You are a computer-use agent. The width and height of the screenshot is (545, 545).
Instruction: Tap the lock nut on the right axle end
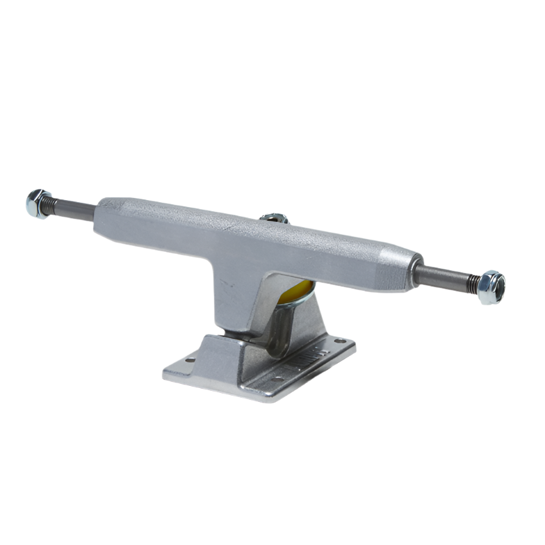(491, 286)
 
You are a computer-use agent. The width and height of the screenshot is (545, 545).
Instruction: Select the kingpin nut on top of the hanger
(274, 218)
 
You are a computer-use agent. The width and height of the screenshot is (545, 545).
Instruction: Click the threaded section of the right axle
(472, 282)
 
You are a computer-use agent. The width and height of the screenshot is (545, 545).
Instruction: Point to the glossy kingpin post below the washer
(282, 327)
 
